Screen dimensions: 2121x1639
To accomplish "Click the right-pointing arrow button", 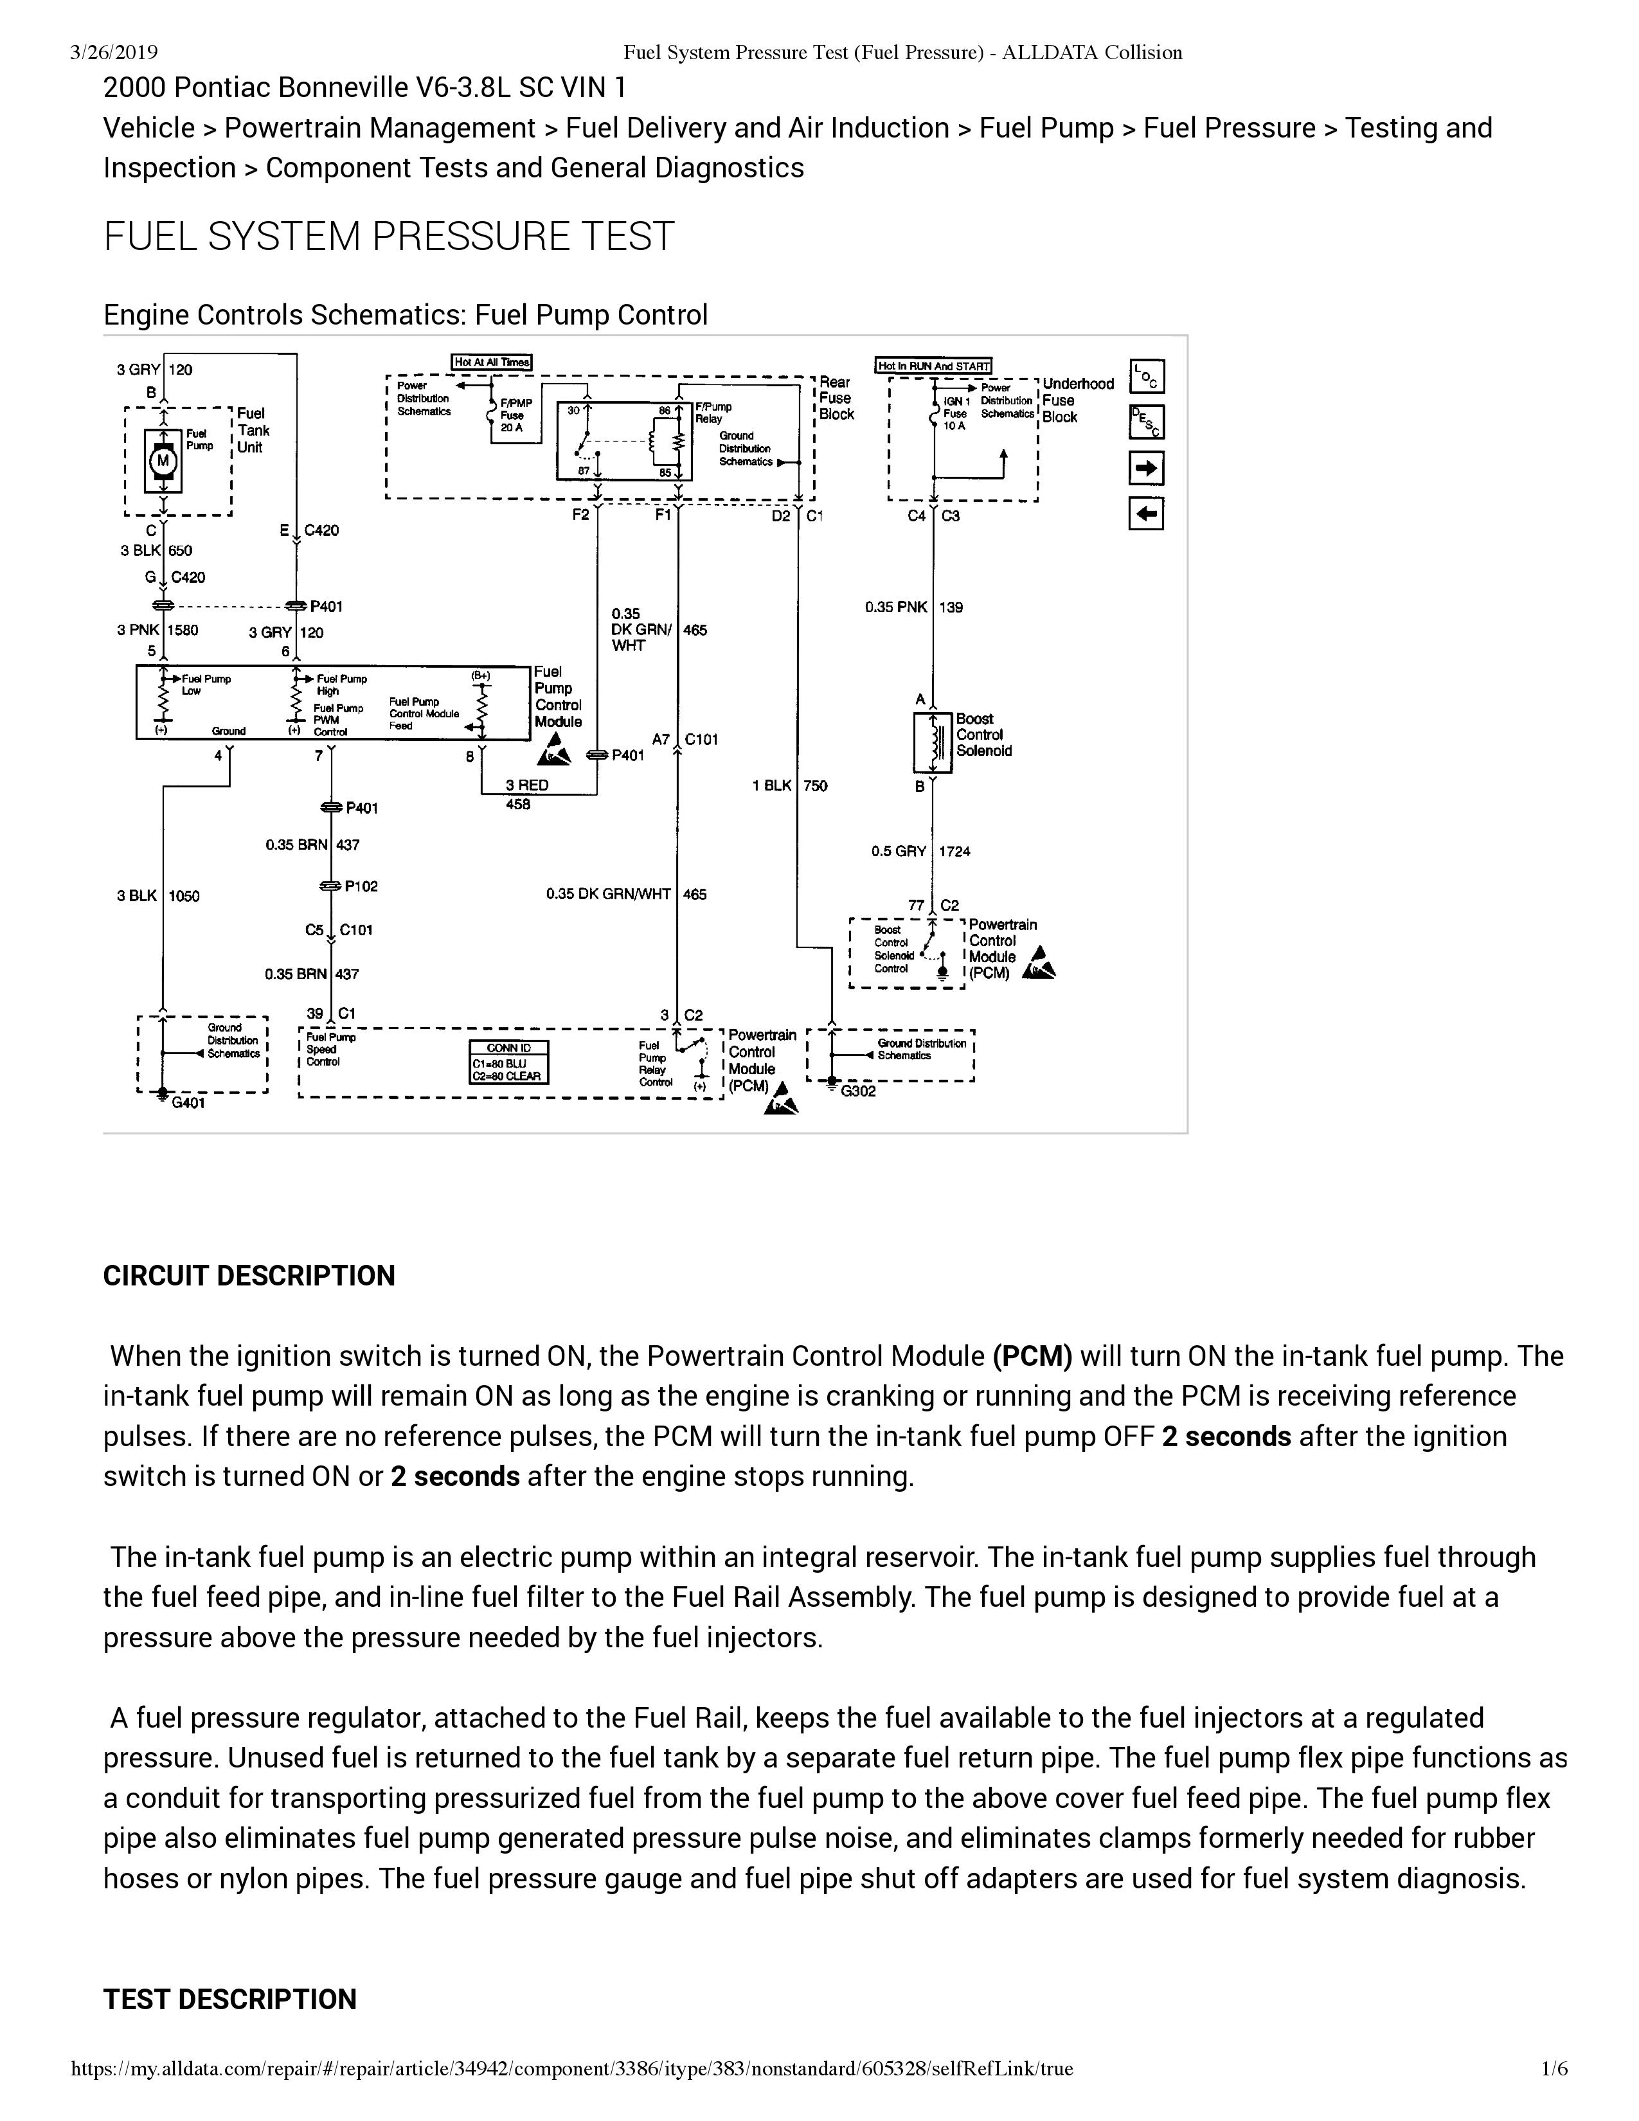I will coord(1147,469).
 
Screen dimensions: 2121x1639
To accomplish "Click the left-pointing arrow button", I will coord(1147,514).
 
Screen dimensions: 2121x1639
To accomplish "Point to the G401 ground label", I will coord(188,1103).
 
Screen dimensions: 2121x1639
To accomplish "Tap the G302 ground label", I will coord(858,1091).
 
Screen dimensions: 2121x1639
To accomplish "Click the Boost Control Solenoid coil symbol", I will coord(933,744).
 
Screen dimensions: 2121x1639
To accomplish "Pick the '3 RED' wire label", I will coord(526,785).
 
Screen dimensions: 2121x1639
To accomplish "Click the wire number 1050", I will coord(184,895).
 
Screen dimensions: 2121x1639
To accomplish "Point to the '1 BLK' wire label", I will coord(772,785).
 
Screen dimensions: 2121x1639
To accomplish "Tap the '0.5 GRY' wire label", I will coord(898,852).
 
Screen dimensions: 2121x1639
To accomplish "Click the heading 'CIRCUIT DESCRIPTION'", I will coord(249,1276).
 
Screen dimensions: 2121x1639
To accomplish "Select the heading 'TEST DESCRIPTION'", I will coord(230,2000).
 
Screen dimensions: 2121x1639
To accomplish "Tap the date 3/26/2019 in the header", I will coord(114,53).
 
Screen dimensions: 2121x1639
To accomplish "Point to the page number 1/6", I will coord(1555,2096).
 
